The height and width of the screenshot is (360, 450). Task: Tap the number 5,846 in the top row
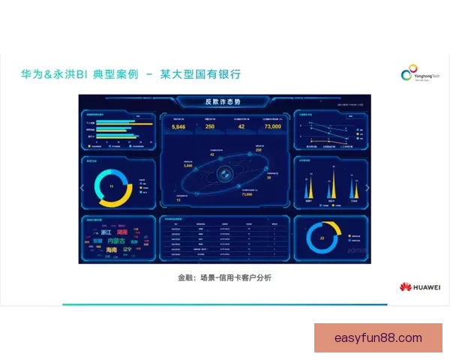point(178,127)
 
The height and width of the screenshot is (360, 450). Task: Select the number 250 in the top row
point(210,127)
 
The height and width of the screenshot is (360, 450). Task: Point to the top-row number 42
point(241,127)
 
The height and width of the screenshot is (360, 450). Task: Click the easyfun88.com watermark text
point(378,338)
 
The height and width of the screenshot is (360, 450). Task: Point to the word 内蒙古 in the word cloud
point(117,241)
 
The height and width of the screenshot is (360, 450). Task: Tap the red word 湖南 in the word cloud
point(122,232)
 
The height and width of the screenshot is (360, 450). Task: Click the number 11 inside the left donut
point(112,185)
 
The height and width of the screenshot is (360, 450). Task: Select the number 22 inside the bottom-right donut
point(322,238)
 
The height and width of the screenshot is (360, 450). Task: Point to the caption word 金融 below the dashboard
point(185,277)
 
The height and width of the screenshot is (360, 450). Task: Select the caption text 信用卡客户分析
point(247,277)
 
